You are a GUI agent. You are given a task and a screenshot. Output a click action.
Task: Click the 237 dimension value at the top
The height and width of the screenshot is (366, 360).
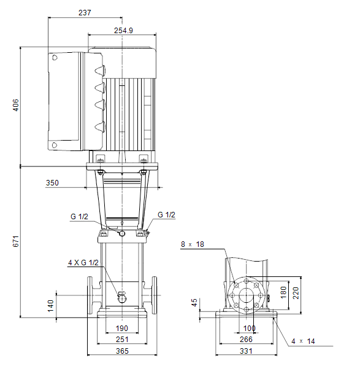click(x=85, y=13)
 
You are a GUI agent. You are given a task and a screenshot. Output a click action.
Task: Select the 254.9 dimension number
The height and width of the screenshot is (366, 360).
click(x=123, y=31)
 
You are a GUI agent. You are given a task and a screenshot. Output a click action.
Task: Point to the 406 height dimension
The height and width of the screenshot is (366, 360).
click(x=15, y=105)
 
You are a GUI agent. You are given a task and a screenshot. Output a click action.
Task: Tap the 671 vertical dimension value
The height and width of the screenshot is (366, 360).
click(x=15, y=241)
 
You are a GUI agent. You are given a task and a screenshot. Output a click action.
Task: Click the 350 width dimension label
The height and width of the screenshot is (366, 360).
click(x=52, y=183)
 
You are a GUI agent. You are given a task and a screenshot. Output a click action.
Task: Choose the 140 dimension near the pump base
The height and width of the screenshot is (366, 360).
click(x=50, y=306)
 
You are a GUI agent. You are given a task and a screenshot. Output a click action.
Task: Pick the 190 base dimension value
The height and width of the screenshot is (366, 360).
click(x=122, y=329)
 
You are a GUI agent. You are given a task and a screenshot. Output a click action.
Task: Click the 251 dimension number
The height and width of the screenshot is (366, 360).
click(x=122, y=340)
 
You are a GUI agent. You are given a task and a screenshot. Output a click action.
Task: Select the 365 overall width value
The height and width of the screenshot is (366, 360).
click(x=122, y=351)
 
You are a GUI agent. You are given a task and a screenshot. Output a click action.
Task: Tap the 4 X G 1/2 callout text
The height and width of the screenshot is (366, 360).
click(x=83, y=263)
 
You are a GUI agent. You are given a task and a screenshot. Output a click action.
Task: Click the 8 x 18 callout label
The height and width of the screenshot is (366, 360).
click(x=193, y=244)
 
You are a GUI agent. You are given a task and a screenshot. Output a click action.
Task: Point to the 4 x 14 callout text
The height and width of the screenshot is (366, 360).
click(x=303, y=341)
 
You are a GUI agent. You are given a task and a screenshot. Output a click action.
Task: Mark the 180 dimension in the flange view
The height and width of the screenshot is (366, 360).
click(x=283, y=292)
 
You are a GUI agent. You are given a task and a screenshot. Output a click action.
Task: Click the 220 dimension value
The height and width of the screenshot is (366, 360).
click(x=296, y=293)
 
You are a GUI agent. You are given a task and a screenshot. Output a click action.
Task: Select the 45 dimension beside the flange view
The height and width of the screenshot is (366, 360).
click(x=194, y=303)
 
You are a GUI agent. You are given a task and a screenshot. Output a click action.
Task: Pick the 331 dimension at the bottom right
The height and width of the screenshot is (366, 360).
click(x=246, y=351)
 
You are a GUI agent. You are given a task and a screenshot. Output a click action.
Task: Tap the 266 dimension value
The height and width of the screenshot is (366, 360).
click(x=246, y=340)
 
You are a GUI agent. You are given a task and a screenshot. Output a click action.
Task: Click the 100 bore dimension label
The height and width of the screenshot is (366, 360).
click(x=249, y=329)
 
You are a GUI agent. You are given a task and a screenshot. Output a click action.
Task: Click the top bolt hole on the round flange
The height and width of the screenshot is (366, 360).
click(x=246, y=281)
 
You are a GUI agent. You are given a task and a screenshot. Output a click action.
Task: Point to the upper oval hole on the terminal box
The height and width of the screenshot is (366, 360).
click(x=55, y=58)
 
